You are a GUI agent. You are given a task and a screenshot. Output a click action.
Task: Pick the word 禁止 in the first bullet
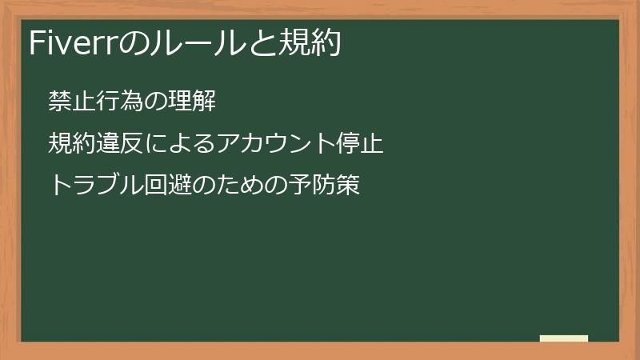(69, 102)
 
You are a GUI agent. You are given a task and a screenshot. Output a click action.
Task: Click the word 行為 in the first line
(111, 102)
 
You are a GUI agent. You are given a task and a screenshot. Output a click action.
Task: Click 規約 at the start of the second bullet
(69, 144)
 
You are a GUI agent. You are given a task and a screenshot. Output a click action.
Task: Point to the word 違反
(111, 144)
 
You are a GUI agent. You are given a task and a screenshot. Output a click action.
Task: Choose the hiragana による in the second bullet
(174, 144)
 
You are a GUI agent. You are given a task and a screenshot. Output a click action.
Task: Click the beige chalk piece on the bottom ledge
(564, 338)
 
